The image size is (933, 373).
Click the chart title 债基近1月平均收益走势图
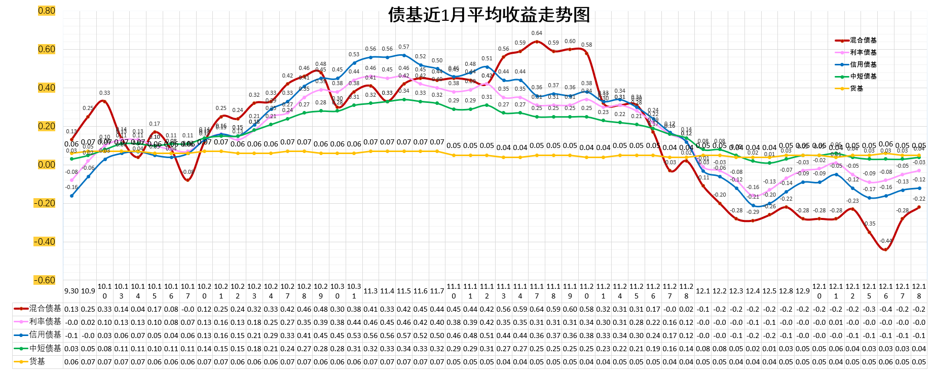(489, 15)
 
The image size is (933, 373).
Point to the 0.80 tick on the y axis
(47, 11)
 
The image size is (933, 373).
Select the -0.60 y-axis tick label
(45, 280)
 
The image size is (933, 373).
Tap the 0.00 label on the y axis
(47, 165)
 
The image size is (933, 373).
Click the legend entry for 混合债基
(863, 41)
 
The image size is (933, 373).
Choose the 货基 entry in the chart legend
(856, 89)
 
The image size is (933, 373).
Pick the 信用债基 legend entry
(863, 65)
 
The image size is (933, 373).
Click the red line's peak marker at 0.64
(537, 42)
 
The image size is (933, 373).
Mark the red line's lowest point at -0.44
(885, 249)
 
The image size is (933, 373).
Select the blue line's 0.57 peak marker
(404, 55)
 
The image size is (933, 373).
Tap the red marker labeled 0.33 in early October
(104, 101)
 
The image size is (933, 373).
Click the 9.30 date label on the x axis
(71, 291)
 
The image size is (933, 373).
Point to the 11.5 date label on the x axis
(404, 291)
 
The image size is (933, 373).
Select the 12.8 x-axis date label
(786, 291)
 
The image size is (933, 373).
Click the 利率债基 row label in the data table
(45, 322)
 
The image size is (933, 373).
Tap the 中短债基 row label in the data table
(45, 348)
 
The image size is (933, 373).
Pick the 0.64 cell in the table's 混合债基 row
(537, 309)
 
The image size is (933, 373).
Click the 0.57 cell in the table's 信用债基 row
(404, 335)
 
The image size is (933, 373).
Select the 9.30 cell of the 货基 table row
(71, 361)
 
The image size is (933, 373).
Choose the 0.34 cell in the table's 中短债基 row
(404, 348)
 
